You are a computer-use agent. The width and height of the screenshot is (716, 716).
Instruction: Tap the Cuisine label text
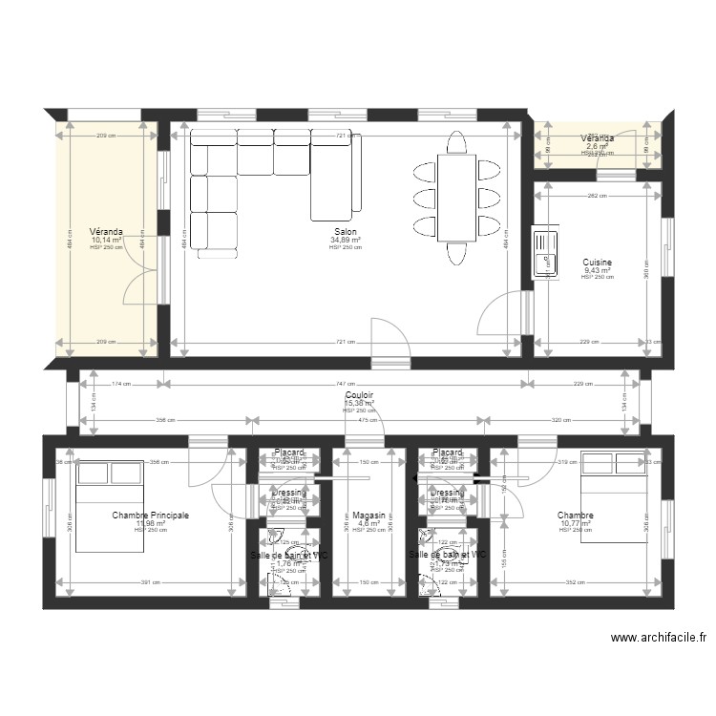coord(597,262)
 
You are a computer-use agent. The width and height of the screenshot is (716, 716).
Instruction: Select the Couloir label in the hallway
coord(359,394)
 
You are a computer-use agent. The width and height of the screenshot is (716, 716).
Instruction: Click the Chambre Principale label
coord(150,516)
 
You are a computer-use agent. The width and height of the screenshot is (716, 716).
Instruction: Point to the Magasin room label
coord(368,515)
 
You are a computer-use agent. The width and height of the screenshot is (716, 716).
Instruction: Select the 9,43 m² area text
coord(597,270)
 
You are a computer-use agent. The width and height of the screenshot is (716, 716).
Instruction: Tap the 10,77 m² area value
coord(576,523)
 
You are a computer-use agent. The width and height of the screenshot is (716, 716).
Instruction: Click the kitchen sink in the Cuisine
coord(545,252)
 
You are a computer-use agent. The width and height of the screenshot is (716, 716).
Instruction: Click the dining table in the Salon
coord(456,198)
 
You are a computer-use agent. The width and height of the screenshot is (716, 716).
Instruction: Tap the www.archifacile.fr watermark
coord(658,639)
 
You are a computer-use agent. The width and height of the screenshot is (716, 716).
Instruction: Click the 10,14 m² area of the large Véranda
coord(105,240)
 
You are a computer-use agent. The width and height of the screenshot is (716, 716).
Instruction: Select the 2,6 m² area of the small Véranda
coord(598,146)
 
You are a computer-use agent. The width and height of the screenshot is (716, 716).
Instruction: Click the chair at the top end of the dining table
coord(456,141)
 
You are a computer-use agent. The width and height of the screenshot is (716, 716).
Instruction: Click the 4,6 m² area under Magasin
coord(368,523)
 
